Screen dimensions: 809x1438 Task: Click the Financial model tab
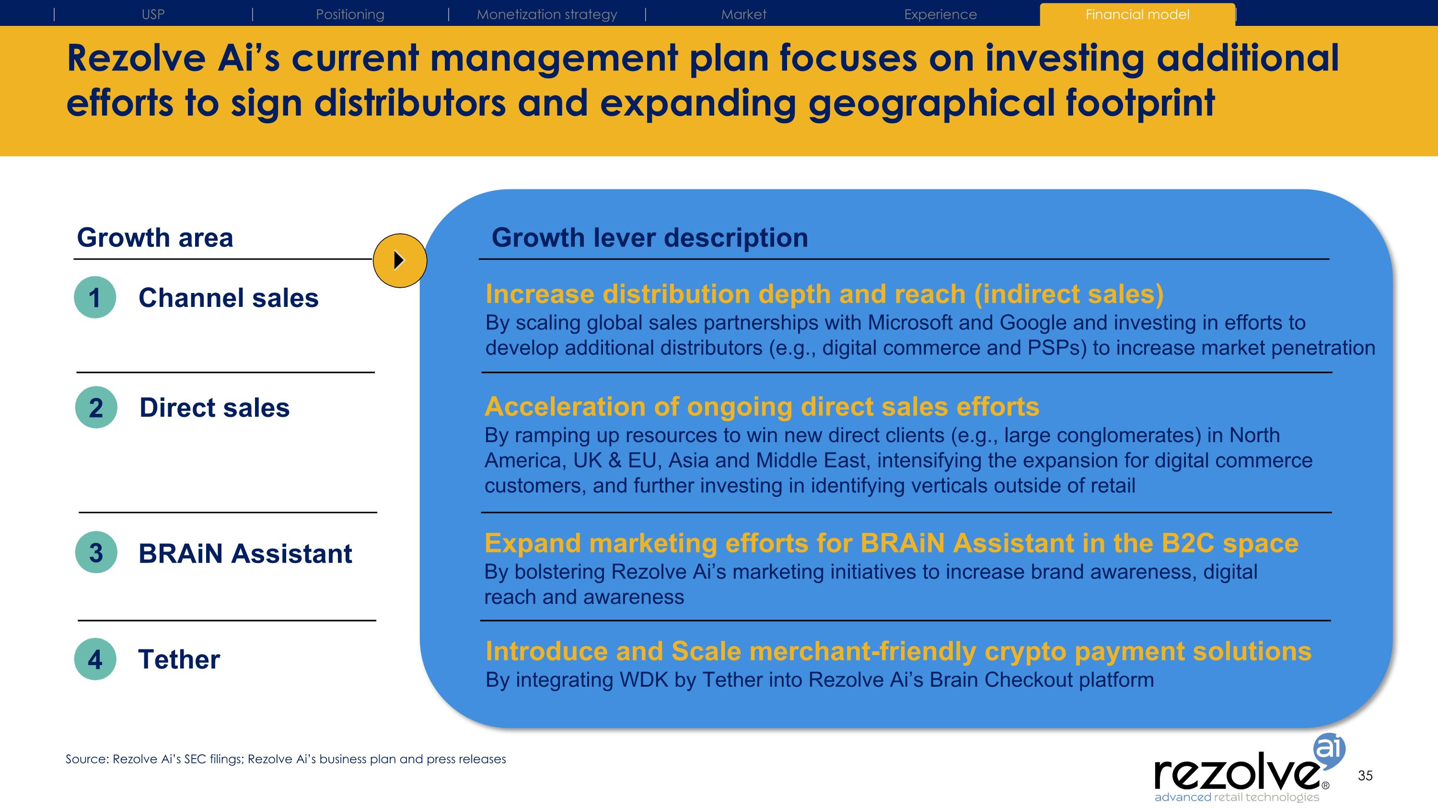pyautogui.click(x=1137, y=14)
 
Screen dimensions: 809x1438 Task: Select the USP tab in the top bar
pyautogui.click(x=153, y=14)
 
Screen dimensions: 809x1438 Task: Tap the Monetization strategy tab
pyautogui.click(x=546, y=14)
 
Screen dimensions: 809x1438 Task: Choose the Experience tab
pyautogui.click(x=940, y=14)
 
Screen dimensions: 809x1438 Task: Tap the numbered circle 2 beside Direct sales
pyautogui.click(x=96, y=408)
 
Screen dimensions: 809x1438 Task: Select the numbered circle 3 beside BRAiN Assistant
pyautogui.click(x=96, y=552)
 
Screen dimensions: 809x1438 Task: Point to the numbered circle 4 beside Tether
pyautogui.click(x=95, y=659)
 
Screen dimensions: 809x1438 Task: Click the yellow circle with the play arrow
pyautogui.click(x=400, y=261)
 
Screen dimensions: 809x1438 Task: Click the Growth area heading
pyautogui.click(x=155, y=238)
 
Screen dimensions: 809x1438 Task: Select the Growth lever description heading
pyautogui.click(x=649, y=238)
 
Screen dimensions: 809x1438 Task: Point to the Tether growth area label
pyautogui.click(x=179, y=659)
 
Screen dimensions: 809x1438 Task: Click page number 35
pyautogui.click(x=1365, y=775)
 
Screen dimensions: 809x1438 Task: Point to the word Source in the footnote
pyautogui.click(x=86, y=759)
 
